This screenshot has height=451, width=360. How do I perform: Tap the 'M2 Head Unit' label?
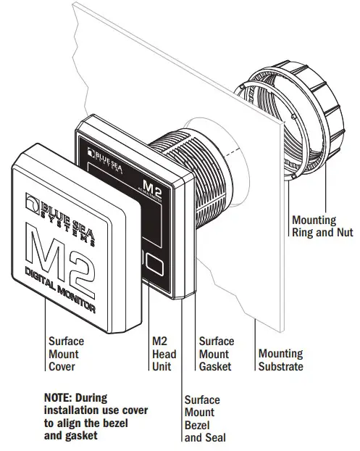pyautogui.click(x=164, y=353)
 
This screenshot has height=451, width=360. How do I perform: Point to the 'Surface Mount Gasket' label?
pyautogui.click(x=217, y=353)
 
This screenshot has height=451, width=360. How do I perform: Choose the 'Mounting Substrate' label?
pyautogui.click(x=280, y=360)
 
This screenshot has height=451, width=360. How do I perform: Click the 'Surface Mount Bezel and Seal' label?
pyautogui.click(x=205, y=418)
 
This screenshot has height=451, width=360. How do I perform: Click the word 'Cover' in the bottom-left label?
pyautogui.click(x=62, y=366)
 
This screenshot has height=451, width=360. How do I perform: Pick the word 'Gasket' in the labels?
pyautogui.click(x=215, y=366)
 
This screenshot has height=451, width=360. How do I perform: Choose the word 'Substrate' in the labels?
pyautogui.click(x=280, y=366)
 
